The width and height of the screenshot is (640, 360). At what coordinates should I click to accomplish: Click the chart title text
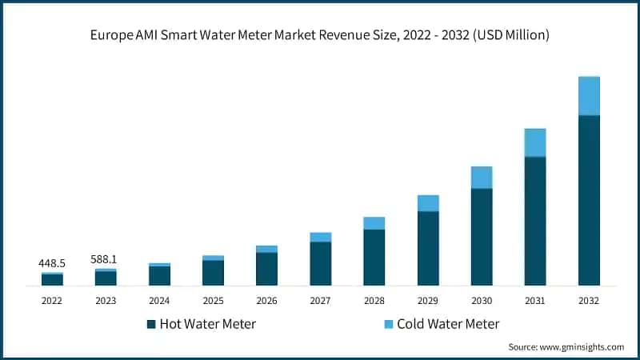tap(320, 35)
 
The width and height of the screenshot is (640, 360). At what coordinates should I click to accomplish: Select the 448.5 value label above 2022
tap(52, 262)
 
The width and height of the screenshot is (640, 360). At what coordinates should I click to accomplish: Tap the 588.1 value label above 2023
tap(106, 258)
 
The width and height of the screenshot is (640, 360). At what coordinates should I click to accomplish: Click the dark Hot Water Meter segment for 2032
tap(589, 200)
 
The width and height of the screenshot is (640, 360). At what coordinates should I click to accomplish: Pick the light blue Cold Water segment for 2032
tap(589, 96)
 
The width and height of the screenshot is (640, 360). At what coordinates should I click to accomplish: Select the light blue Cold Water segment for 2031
tap(535, 142)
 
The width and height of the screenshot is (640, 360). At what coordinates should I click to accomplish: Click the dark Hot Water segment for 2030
tap(482, 237)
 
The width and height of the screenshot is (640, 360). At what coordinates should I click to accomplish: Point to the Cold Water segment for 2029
tap(428, 203)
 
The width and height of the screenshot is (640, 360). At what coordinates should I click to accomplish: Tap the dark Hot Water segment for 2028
tap(374, 258)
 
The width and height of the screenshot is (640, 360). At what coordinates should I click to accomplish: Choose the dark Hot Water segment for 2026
tap(266, 269)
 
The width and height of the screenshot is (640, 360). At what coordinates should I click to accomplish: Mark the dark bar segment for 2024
tap(159, 276)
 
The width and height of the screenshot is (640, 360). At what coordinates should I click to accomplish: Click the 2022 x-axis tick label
tap(52, 300)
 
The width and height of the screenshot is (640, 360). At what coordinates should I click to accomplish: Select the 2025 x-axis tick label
tap(213, 300)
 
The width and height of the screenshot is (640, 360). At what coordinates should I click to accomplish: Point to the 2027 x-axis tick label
tap(320, 300)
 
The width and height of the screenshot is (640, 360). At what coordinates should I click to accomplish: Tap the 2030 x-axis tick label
tap(482, 300)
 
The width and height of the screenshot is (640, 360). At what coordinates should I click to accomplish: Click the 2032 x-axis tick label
tap(589, 300)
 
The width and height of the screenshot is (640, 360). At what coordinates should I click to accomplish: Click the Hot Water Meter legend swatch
tap(150, 324)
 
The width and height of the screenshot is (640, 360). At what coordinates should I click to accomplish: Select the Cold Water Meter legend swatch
tap(388, 324)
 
